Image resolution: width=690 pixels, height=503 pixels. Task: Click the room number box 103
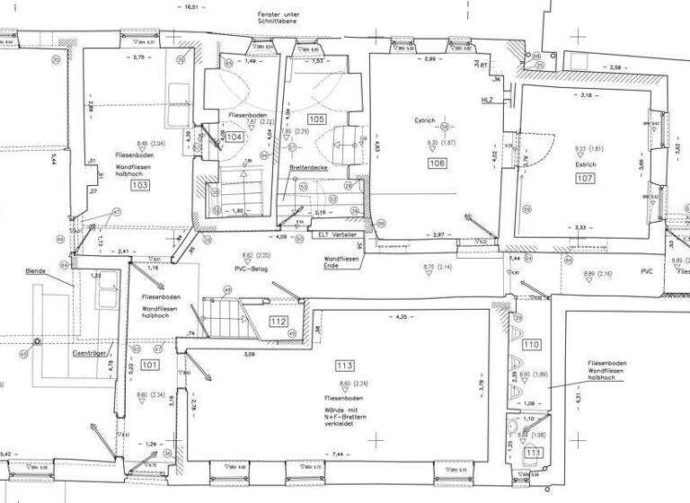(x=139, y=185)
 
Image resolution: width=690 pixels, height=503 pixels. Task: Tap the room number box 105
(x=316, y=119)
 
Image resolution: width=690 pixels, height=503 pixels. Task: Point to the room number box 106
(x=438, y=163)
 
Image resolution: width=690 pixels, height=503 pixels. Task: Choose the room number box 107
(x=585, y=179)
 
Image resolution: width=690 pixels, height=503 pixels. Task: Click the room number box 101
(x=149, y=365)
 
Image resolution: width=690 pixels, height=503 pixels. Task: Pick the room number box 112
(x=278, y=322)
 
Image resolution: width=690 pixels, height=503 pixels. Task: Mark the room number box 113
(x=344, y=366)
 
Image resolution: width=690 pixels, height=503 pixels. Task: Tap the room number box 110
(x=531, y=345)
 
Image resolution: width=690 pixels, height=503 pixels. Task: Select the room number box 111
(x=535, y=453)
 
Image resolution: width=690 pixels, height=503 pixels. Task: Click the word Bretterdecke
(x=308, y=168)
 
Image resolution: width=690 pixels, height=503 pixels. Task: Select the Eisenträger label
(x=90, y=354)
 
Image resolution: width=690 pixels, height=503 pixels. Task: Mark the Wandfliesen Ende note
(x=341, y=262)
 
